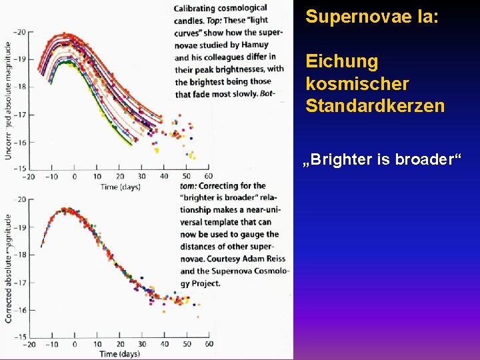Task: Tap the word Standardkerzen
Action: coord(375,106)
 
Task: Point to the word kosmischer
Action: coord(357,84)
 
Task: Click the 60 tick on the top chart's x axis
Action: coord(208,177)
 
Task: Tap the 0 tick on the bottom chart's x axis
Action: coord(74,344)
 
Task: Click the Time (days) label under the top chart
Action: coord(120,187)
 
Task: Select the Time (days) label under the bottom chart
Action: coord(120,353)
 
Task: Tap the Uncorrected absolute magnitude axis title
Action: coord(8,100)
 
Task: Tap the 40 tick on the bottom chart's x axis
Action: coord(163,344)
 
